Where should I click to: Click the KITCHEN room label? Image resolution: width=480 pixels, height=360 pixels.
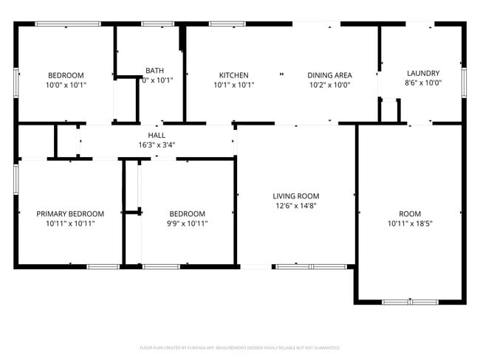point(233,75)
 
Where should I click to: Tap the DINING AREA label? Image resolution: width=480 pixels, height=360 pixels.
point(329,75)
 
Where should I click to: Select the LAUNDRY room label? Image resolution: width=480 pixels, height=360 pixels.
point(423,73)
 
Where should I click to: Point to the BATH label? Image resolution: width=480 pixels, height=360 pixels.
point(155,71)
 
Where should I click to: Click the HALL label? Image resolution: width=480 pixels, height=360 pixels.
point(157,136)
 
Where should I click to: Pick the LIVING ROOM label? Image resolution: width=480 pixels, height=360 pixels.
point(296,196)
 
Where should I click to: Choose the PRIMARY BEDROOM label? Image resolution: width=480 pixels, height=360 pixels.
point(70,214)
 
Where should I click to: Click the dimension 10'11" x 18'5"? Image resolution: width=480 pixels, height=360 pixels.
point(410,223)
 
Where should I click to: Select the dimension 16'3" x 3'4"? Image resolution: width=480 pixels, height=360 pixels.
point(157,145)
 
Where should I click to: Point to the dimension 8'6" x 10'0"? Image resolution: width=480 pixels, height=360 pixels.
point(423,83)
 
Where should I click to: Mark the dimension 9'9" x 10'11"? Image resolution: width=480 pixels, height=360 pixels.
point(187,223)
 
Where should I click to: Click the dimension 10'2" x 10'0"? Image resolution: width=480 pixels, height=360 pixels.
point(329,85)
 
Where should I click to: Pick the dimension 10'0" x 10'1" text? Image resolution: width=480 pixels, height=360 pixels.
point(66,85)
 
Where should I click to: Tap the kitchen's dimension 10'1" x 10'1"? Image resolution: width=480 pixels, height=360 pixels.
point(233,85)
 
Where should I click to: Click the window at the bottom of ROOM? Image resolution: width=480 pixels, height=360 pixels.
point(409,302)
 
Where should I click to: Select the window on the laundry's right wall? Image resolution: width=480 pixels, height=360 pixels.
point(464,81)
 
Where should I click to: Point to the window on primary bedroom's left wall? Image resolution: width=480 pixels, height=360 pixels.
point(16,179)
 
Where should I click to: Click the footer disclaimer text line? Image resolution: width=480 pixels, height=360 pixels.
point(240,347)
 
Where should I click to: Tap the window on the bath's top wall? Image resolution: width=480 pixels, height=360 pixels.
point(157,24)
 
